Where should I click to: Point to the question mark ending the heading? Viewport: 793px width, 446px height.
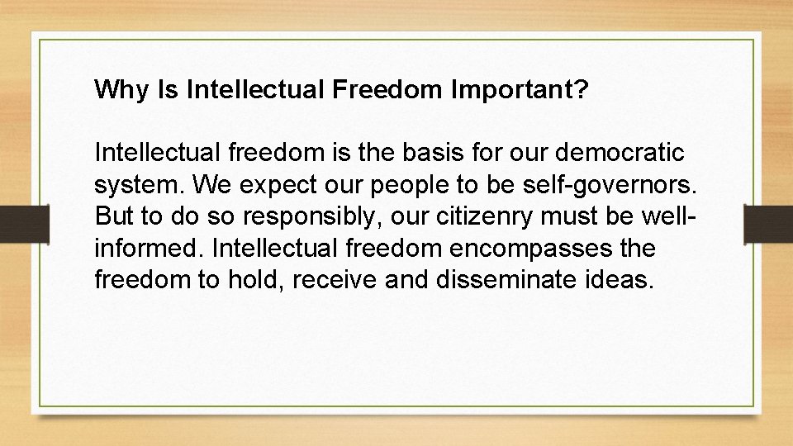pos(582,89)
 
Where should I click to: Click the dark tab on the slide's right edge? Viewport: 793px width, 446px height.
pos(768,223)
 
